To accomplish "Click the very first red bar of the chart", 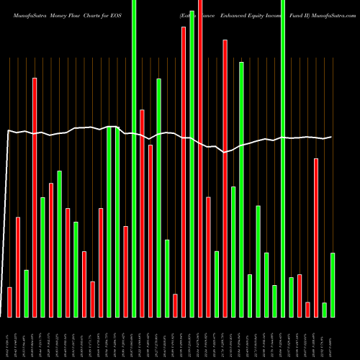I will (x=9, y=302).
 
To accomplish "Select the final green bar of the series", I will (x=333, y=284).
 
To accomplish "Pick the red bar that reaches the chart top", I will (x=200, y=158).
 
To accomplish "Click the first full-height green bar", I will (x=134, y=158).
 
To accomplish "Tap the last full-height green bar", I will (x=283, y=158).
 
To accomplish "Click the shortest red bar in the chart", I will (x=307, y=309).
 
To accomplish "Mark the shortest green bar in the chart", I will (x=324, y=310).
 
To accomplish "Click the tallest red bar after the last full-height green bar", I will (x=316, y=238).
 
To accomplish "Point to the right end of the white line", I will (x=331, y=137).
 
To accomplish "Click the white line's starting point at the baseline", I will (x=4, y=316).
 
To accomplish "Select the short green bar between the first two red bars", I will (x=26, y=293).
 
